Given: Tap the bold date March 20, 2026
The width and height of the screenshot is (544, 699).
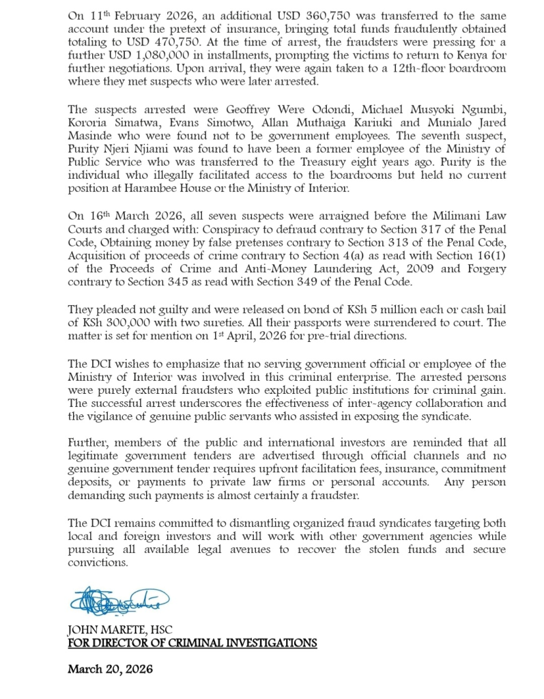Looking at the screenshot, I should pos(110,670).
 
